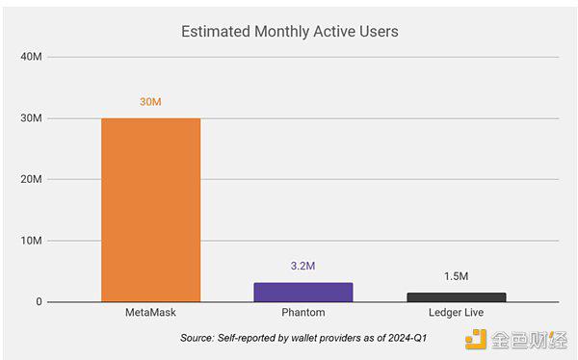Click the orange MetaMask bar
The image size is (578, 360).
click(x=151, y=210)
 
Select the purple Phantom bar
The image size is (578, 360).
click(x=303, y=293)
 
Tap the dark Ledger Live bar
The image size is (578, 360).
click(x=457, y=297)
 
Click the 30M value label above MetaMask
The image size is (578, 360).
click(x=150, y=102)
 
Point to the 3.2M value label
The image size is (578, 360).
click(x=302, y=266)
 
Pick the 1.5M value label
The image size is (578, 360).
click(x=456, y=276)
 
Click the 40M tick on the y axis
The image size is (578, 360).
click(x=32, y=57)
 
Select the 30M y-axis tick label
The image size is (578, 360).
click(x=32, y=117)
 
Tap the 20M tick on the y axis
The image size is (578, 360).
click(x=32, y=179)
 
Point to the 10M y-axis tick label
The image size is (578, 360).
click(x=32, y=241)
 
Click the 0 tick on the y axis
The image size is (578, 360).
click(x=39, y=302)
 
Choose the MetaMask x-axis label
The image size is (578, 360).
click(x=150, y=313)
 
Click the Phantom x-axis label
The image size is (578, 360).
click(x=303, y=313)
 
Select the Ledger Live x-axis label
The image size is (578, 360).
click(x=456, y=313)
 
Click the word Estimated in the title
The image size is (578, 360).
click(x=216, y=32)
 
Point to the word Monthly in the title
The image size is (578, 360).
click(x=282, y=32)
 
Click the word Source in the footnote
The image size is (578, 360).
click(x=197, y=338)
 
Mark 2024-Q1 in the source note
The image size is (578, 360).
click(x=407, y=338)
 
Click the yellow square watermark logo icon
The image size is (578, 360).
click(x=476, y=340)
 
